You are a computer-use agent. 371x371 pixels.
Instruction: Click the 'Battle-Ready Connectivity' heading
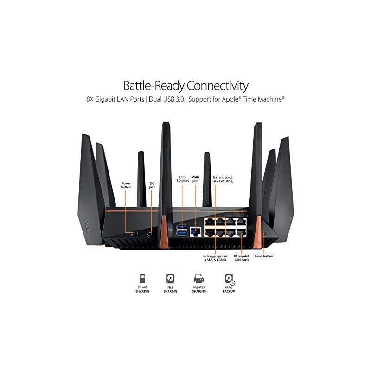[185, 86]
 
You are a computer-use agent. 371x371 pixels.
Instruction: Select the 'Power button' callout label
[126, 185]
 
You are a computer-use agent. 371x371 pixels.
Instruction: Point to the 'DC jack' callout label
[152, 185]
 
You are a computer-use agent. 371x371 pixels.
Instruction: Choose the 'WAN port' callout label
[196, 179]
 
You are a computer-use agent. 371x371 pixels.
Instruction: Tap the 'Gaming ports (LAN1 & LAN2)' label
[223, 179]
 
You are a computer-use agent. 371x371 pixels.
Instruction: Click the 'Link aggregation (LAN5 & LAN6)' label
[215, 258]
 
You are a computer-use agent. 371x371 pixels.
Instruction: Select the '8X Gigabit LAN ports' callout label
[242, 258]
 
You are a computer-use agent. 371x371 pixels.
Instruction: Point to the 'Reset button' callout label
[263, 256]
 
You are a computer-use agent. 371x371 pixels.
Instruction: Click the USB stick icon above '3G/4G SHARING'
[142, 278]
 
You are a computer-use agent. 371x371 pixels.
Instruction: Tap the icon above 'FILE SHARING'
[170, 278]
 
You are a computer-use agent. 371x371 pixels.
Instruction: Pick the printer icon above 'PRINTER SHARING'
[199, 278]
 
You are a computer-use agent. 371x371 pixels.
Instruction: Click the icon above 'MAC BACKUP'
[229, 279]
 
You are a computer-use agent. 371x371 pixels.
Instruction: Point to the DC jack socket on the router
[149, 232]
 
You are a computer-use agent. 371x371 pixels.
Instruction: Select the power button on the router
[136, 232]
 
